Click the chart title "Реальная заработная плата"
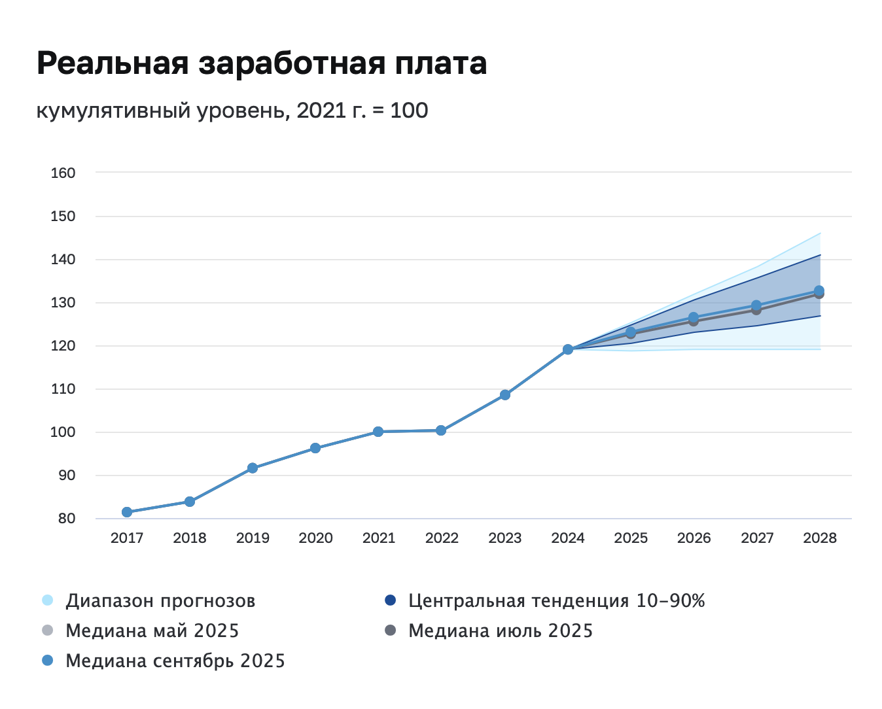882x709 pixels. tap(262, 64)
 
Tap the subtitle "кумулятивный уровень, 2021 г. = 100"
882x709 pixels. tap(232, 111)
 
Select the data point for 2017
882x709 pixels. tap(127, 512)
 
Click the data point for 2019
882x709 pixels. tap(253, 468)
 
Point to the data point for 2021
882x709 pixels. tap(378, 432)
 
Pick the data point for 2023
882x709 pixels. tap(505, 395)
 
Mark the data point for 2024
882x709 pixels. tap(568, 349)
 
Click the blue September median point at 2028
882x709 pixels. tap(819, 290)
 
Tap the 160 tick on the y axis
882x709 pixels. tap(63, 173)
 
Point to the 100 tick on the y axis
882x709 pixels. tap(63, 432)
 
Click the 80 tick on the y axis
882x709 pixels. tap(66, 519)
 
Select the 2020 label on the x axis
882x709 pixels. tap(315, 538)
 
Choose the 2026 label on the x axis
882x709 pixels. tap(694, 538)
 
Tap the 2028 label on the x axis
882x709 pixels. tap(820, 538)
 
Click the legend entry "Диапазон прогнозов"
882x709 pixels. tap(160, 600)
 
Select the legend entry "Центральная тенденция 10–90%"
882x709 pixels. tap(556, 600)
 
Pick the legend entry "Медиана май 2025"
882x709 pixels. tap(152, 631)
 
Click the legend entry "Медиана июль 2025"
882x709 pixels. tap(501, 631)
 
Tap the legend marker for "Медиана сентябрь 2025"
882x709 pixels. tap(47, 661)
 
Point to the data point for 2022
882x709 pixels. tap(441, 430)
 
